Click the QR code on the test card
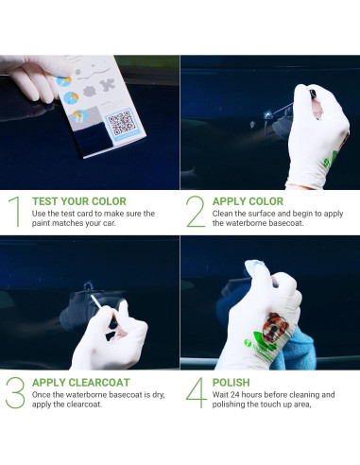point(119,123)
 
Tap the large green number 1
point(14,213)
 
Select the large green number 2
point(195,213)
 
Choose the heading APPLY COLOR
point(248,201)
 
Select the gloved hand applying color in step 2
point(317,128)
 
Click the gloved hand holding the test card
point(33,76)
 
